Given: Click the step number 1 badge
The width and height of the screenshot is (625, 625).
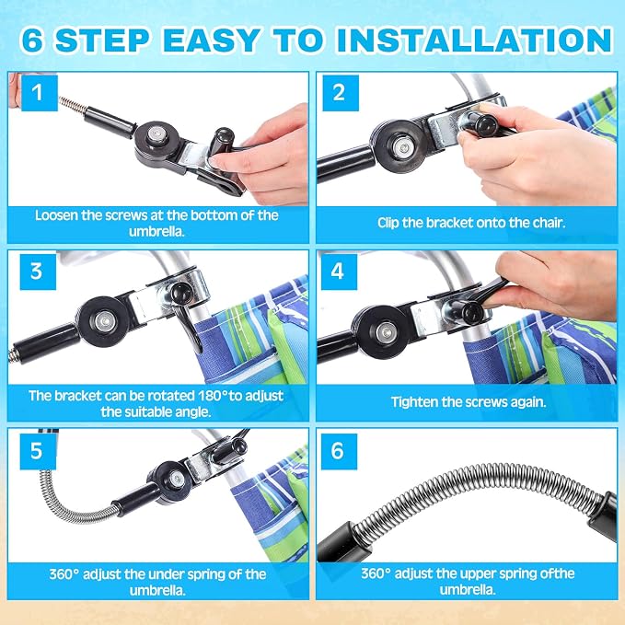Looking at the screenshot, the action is (39, 93).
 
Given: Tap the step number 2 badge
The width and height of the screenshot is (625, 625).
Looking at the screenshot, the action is (341, 93).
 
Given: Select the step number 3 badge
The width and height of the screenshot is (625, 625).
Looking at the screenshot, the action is (38, 272).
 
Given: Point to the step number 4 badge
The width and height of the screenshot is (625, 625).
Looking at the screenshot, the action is (339, 272).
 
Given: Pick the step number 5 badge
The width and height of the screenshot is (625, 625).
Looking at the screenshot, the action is (38, 451).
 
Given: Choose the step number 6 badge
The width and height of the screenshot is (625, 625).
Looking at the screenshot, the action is (339, 451).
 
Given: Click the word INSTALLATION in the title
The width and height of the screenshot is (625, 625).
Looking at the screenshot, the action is (474, 40).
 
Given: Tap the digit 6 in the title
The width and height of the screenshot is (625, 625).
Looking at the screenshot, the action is (32, 40).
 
